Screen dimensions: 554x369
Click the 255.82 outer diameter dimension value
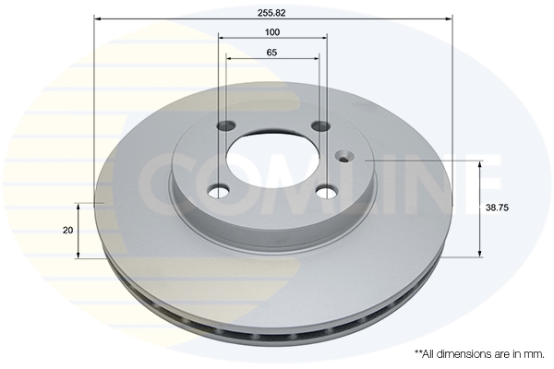(271, 13)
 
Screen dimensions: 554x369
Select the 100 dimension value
(272, 32)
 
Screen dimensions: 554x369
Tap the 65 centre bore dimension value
(271, 53)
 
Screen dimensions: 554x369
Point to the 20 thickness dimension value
(67, 231)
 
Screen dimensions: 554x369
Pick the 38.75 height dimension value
(497, 208)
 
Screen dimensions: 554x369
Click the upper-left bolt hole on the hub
(226, 125)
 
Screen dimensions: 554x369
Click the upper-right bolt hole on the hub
(320, 125)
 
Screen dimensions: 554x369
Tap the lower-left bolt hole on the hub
(219, 191)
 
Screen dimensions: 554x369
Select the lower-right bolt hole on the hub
(327, 192)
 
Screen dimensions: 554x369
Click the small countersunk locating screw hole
(343, 156)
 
